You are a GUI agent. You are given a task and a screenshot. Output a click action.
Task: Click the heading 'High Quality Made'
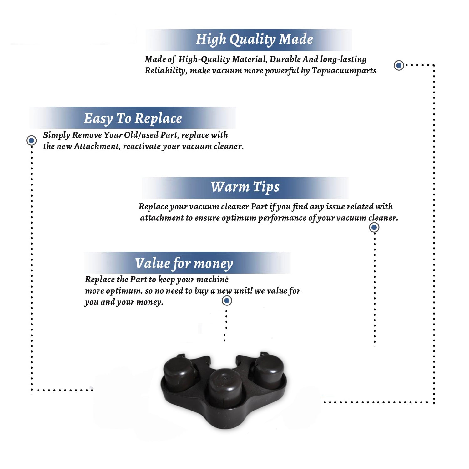pyautogui.click(x=254, y=40)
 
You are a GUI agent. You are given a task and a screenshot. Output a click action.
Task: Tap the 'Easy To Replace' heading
pyautogui.click(x=133, y=119)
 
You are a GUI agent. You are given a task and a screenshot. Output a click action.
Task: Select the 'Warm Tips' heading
pyautogui.click(x=245, y=187)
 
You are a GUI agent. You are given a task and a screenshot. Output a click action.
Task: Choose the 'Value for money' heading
pyautogui.click(x=184, y=264)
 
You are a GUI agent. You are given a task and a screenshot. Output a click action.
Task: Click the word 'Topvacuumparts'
pyautogui.click(x=344, y=71)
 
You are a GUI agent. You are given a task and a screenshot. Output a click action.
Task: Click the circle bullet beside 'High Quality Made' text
pyautogui.click(x=399, y=65)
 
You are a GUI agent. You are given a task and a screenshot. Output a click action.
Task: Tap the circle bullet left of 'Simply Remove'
pyautogui.click(x=31, y=140)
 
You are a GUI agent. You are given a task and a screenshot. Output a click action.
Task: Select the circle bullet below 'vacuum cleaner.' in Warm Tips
pyautogui.click(x=374, y=227)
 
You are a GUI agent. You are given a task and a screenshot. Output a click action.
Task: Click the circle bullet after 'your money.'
pyautogui.click(x=227, y=301)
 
